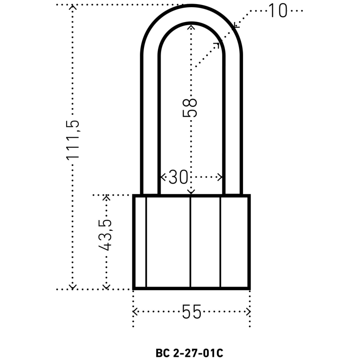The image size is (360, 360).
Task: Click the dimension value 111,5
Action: click(x=73, y=140)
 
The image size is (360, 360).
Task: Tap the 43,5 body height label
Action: click(x=105, y=235)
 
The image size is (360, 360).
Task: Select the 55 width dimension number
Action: click(x=192, y=312)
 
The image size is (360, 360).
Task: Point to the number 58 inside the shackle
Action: click(x=189, y=108)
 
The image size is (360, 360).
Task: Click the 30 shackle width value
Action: click(x=178, y=177)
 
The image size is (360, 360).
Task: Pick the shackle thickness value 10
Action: click(x=278, y=10)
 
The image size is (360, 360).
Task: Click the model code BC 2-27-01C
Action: click(x=189, y=353)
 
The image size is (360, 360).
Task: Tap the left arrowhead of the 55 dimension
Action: click(x=135, y=311)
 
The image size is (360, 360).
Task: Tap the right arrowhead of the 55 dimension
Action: click(x=248, y=311)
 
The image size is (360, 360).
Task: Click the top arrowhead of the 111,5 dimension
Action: click(x=72, y=7)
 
